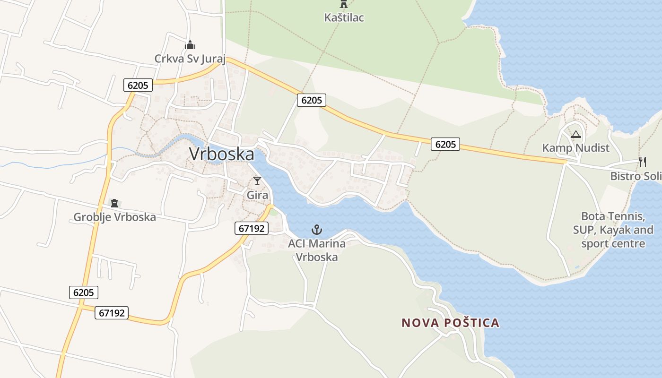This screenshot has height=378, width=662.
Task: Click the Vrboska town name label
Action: pos(221,154)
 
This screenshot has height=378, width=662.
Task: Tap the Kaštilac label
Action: pos(344,18)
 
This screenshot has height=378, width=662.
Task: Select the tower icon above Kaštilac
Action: pos(344,4)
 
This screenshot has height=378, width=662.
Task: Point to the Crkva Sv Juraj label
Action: pos(190,59)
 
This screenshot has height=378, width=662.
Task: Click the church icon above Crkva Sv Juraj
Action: pos(190,45)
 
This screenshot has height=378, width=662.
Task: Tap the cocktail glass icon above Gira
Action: pos(257,180)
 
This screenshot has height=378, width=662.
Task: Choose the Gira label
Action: pos(257,195)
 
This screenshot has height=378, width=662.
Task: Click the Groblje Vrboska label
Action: pos(114,217)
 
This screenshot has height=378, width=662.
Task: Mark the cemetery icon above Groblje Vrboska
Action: pos(114,203)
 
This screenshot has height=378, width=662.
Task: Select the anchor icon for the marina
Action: pos(316,230)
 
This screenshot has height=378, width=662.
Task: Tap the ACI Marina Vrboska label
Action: pos(316,250)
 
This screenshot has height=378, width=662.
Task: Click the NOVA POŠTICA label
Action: pos(450,323)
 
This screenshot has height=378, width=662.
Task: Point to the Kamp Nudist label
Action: pos(575,148)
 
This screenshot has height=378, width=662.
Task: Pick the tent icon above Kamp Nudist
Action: pos(575,135)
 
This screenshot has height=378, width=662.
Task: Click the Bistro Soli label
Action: pos(636,176)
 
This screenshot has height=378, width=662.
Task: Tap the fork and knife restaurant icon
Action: pos(642,162)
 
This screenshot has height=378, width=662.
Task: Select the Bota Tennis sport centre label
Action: pos(613,230)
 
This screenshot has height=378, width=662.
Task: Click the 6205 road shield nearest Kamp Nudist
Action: pos(445,145)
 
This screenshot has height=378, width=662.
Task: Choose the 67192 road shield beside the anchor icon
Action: pos(252,228)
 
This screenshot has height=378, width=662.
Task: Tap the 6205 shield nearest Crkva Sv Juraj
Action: pos(138,85)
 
